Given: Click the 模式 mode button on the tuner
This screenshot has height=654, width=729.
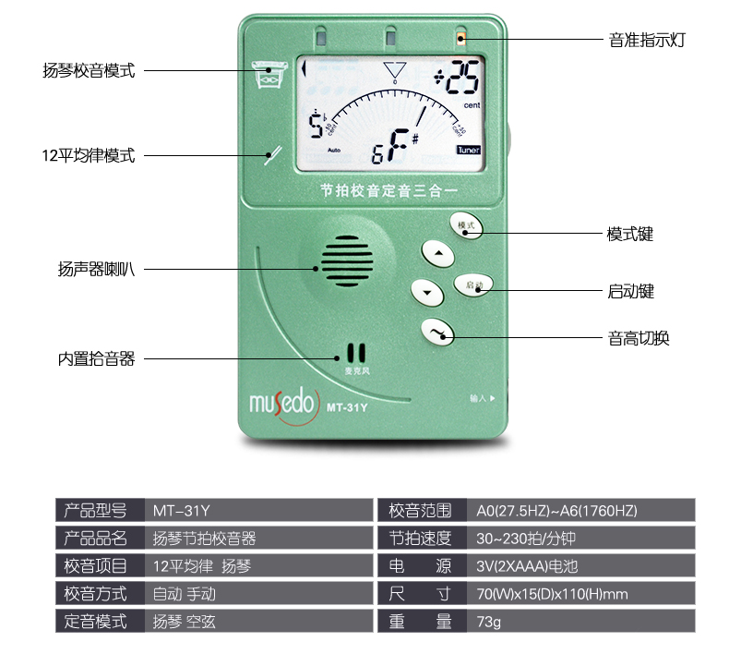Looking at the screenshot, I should pyautogui.click(x=466, y=224).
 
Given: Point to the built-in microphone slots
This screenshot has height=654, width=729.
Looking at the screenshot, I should pyautogui.click(x=356, y=354).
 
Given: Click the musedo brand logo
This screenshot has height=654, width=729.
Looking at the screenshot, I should pyautogui.click(x=281, y=404).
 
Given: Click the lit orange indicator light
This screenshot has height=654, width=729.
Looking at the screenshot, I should pyautogui.click(x=460, y=39).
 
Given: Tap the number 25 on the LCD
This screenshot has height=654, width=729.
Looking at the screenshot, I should pyautogui.click(x=461, y=83).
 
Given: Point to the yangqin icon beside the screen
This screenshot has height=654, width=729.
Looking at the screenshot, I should pyautogui.click(x=268, y=75).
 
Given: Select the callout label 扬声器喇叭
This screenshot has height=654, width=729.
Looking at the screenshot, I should pyautogui.click(x=97, y=270).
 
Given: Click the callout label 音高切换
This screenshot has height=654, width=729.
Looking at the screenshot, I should pyautogui.click(x=639, y=338).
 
